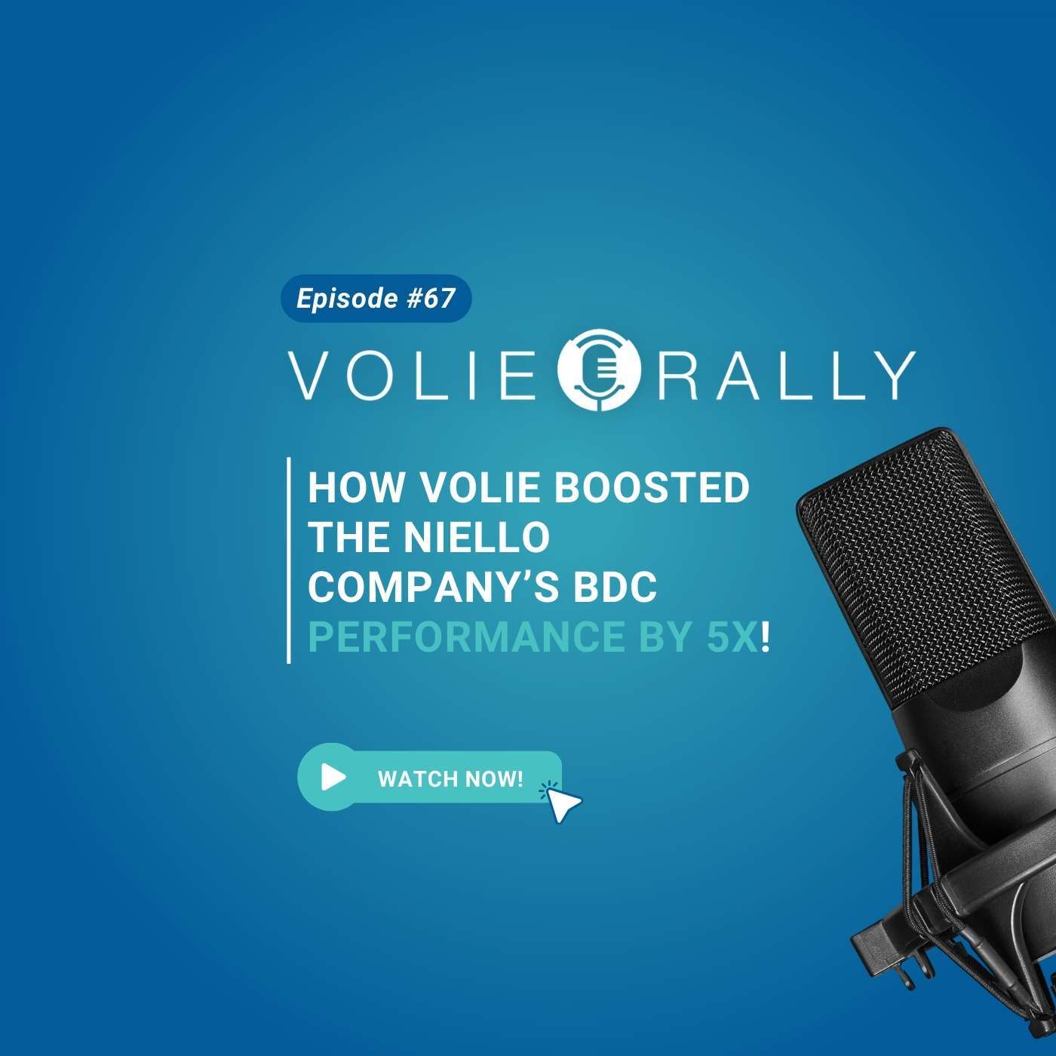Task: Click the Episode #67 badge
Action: pyautogui.click(x=376, y=299)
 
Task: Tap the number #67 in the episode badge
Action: pyautogui.click(x=431, y=299)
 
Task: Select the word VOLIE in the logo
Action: pyautogui.click(x=411, y=376)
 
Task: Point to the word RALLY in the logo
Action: pyautogui.click(x=786, y=376)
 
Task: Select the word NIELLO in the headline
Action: pyautogui.click(x=477, y=537)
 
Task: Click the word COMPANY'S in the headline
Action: pyautogui.click(x=434, y=586)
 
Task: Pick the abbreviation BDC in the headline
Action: pyautogui.click(x=615, y=587)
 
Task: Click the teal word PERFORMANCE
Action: pyautogui.click(x=466, y=637)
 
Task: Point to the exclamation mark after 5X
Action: pyautogui.click(x=765, y=637)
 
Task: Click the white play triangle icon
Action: pyautogui.click(x=333, y=777)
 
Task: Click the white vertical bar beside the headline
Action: pyautogui.click(x=288, y=560)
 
